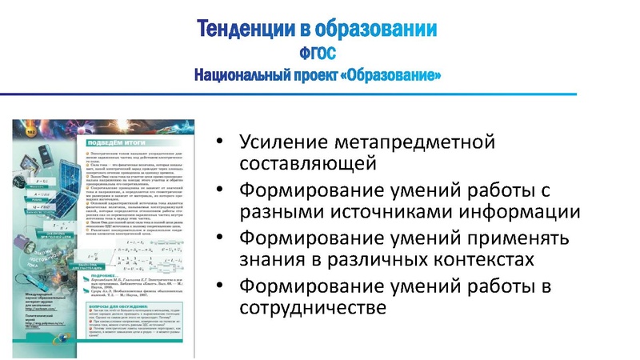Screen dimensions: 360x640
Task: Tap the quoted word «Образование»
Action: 395,75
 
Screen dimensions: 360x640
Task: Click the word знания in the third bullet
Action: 270,260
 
